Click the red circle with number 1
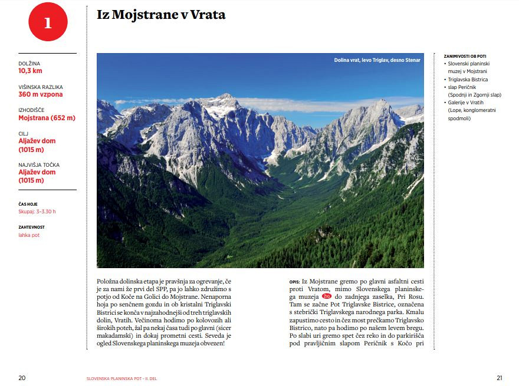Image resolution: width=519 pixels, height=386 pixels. (48, 22)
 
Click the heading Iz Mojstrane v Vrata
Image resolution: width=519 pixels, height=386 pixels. (161, 15)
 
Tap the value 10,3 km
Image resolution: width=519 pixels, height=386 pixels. (30, 71)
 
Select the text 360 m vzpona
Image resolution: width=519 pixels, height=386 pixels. (41, 94)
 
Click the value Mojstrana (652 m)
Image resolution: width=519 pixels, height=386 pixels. (47, 118)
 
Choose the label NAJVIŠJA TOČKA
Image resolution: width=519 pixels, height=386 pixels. (39, 165)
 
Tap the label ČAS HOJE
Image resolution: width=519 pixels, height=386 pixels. (28, 204)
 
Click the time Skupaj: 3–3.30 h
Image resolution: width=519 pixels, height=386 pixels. (37, 212)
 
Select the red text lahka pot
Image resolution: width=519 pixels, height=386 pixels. (29, 235)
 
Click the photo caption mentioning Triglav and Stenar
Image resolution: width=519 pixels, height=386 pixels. (377, 60)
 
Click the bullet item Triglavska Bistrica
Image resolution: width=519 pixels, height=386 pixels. (468, 79)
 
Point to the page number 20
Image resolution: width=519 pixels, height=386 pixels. (22, 378)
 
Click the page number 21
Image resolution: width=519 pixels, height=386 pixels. (499, 378)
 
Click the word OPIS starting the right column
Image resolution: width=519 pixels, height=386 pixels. (295, 282)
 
